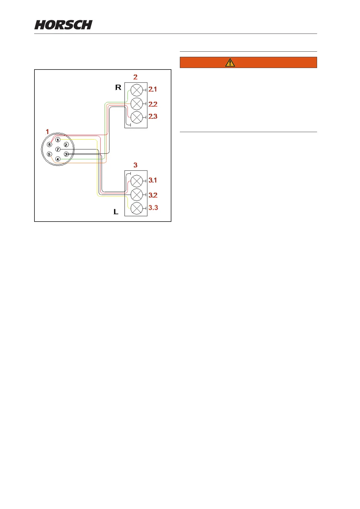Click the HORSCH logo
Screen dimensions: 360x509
pyautogui.click(x=63, y=25)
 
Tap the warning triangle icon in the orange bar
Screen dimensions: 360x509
pyautogui.click(x=230, y=63)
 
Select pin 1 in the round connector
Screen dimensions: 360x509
pyautogui.click(x=58, y=140)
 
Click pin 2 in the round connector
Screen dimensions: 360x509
pyautogui.click(x=66, y=145)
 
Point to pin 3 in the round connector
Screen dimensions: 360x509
pyautogui.click(x=66, y=154)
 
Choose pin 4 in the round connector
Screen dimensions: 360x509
pyautogui.click(x=58, y=159)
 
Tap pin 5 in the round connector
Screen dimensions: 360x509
pyautogui.click(x=49, y=154)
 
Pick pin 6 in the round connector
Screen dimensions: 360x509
pyautogui.click(x=49, y=145)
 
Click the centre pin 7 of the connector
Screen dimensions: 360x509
pyautogui.click(x=58, y=150)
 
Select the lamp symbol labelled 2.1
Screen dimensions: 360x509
pyautogui.click(x=137, y=90)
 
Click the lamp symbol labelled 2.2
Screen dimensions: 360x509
pyautogui.click(x=137, y=104)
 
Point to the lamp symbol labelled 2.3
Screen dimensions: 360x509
pyautogui.click(x=137, y=117)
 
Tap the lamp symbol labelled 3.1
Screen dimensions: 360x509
pyautogui.click(x=137, y=181)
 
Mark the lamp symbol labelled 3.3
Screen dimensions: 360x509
pyautogui.click(x=137, y=208)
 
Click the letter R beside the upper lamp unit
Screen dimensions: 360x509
pyautogui.click(x=118, y=88)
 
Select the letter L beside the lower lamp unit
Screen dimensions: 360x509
pyautogui.click(x=116, y=212)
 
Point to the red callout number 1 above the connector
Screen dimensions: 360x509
pyautogui.click(x=47, y=132)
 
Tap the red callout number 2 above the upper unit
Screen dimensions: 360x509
pyautogui.click(x=135, y=77)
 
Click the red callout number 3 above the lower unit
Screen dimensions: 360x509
pyautogui.click(x=135, y=165)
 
